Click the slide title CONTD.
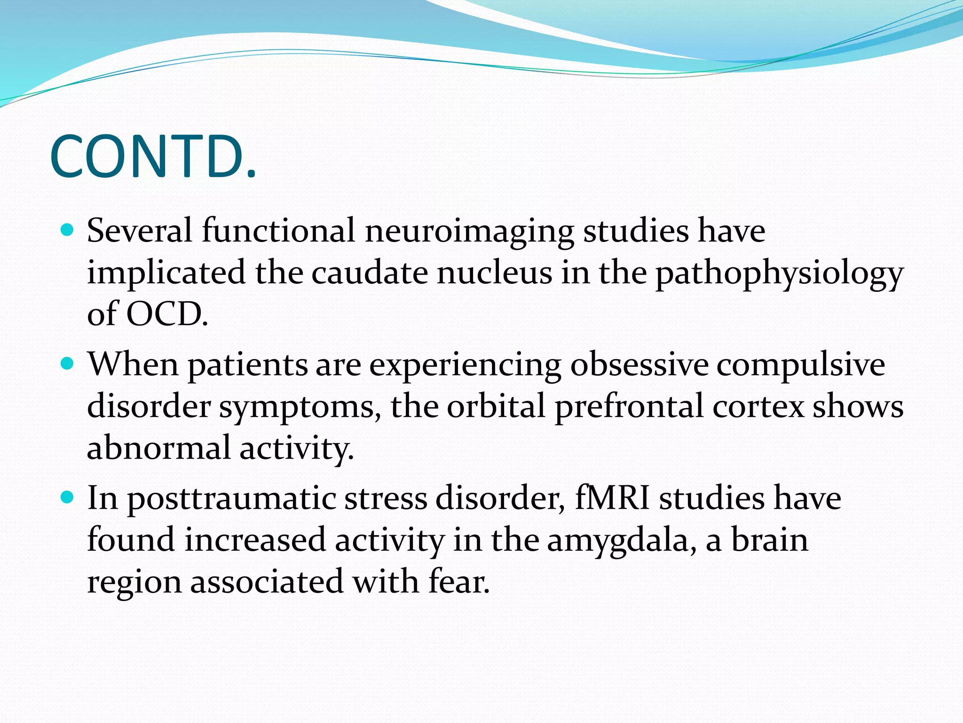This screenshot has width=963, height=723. pyautogui.click(x=153, y=157)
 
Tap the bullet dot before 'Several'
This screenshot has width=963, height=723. pyautogui.click(x=68, y=230)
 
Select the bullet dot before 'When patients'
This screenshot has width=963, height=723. pyautogui.click(x=68, y=364)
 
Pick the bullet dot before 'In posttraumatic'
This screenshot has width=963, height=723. pyautogui.click(x=68, y=498)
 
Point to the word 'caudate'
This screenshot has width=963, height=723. pyautogui.click(x=369, y=273)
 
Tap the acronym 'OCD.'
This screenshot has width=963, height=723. pyautogui.click(x=167, y=314)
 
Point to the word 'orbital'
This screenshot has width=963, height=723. pyautogui.click(x=496, y=406)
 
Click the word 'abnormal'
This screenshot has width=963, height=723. pyautogui.click(x=158, y=447)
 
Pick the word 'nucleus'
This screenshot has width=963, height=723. pyautogui.click(x=494, y=273)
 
